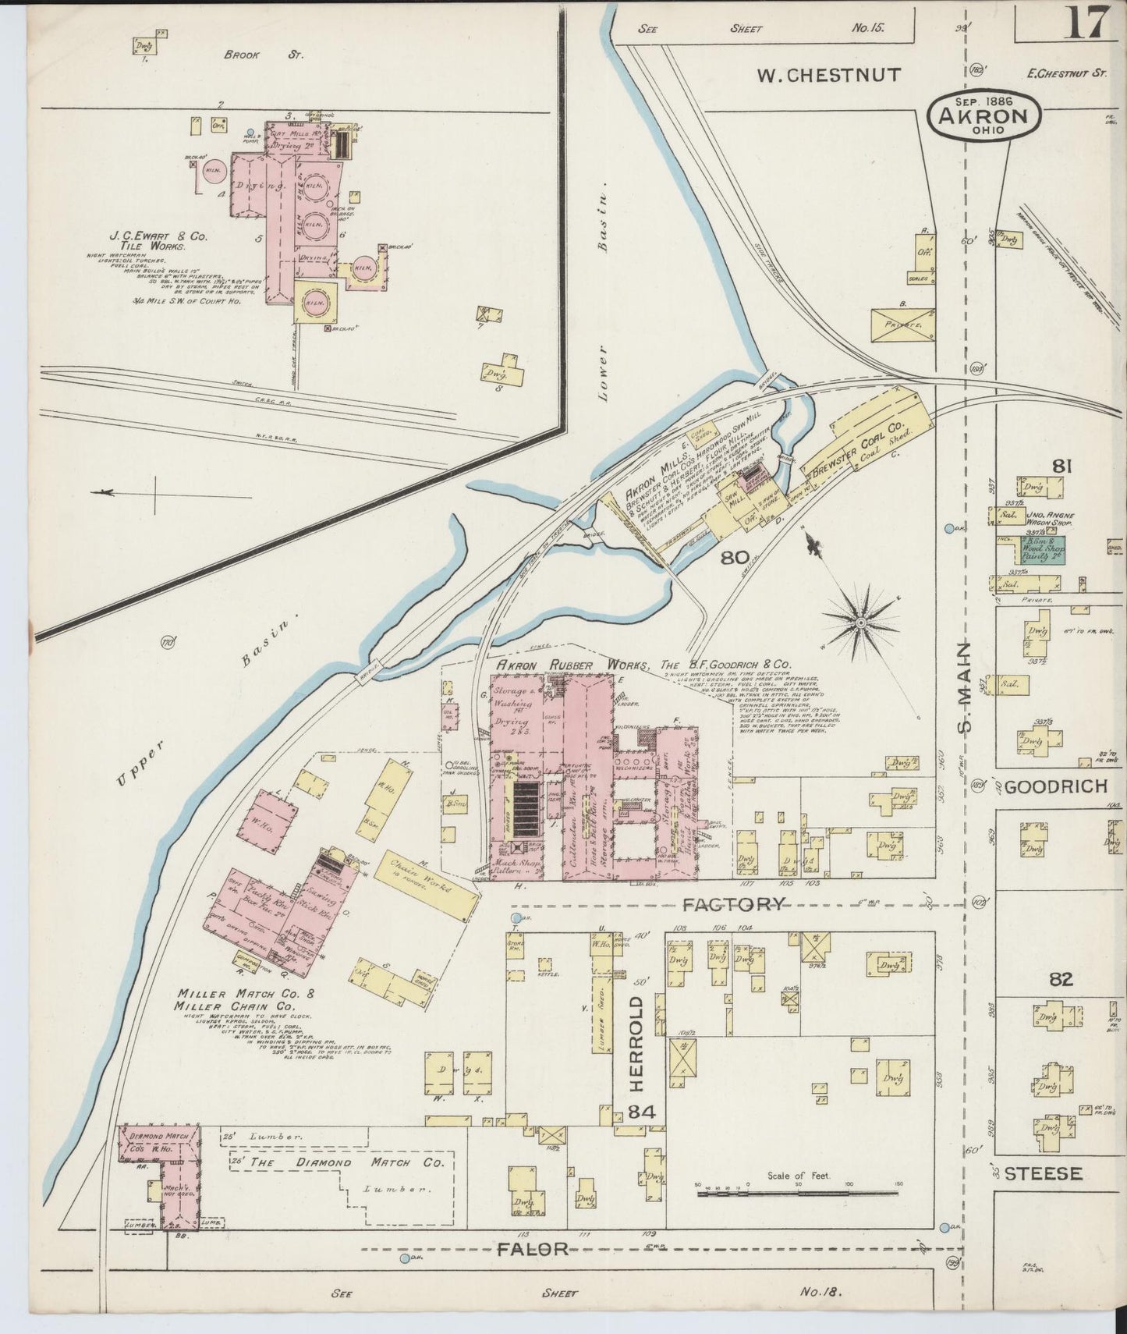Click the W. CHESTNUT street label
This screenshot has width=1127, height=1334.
829,76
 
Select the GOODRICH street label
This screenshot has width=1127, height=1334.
1055,786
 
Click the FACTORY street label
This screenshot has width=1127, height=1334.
733,904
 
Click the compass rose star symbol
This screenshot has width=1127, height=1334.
859,622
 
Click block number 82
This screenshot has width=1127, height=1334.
1061,980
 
